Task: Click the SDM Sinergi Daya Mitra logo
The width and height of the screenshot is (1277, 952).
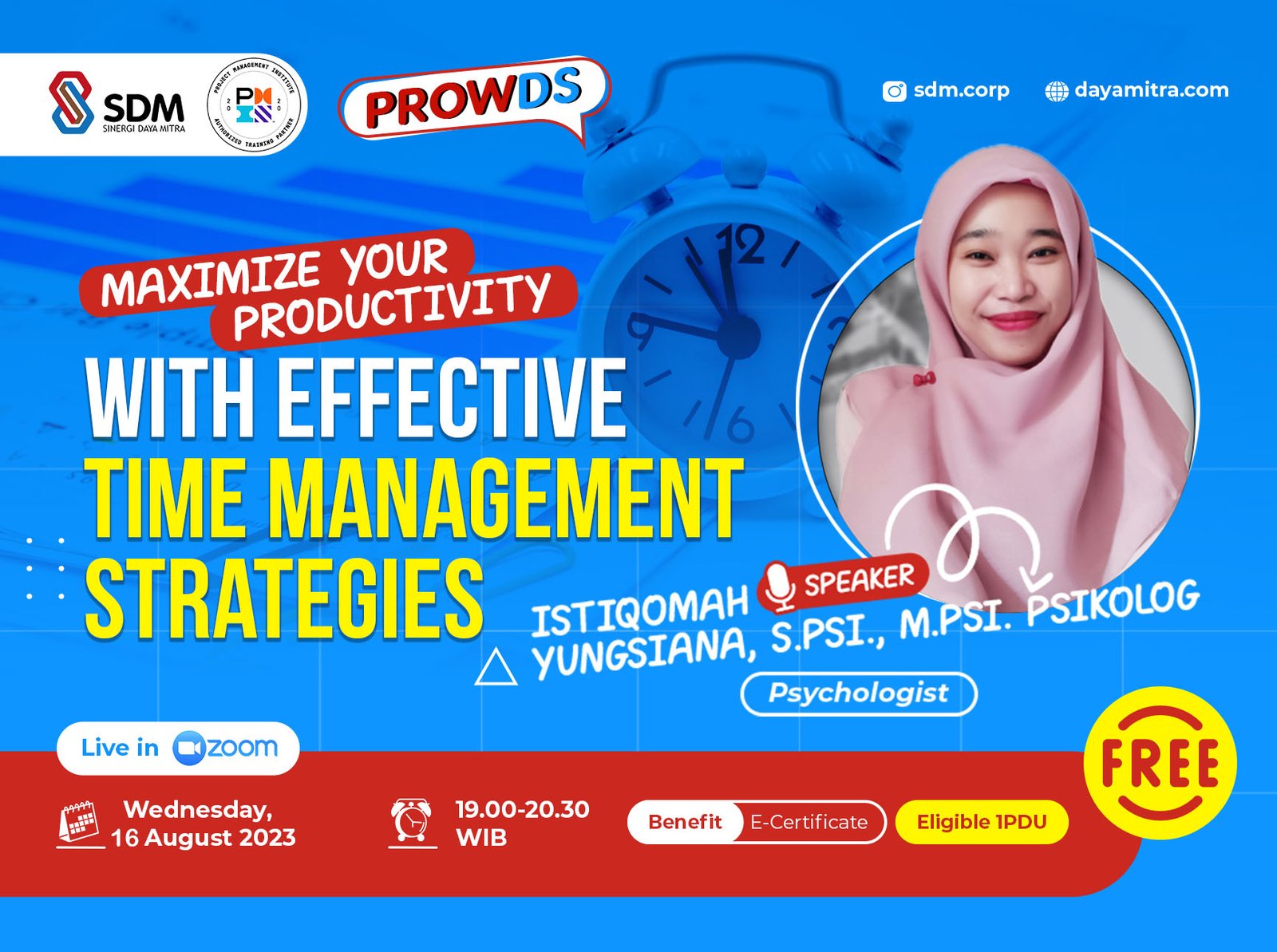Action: click(x=117, y=104)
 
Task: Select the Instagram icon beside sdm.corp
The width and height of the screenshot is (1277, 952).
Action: click(x=894, y=91)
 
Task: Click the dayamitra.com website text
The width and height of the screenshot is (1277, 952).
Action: click(x=1151, y=90)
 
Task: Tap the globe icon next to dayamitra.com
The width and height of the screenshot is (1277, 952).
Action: click(x=1056, y=91)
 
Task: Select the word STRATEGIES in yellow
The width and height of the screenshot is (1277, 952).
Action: click(x=284, y=599)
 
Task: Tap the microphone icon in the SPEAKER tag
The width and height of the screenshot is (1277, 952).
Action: click(x=779, y=587)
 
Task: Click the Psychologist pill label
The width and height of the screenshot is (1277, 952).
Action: click(x=858, y=693)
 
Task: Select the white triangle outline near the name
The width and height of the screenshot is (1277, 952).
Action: click(x=496, y=669)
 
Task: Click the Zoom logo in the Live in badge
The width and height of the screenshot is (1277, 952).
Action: click(x=225, y=748)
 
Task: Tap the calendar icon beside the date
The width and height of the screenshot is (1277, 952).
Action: click(x=79, y=824)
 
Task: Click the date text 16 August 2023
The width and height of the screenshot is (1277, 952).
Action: click(x=203, y=838)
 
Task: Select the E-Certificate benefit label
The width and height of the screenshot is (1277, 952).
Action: click(x=809, y=822)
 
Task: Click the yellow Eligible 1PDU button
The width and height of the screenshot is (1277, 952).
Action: click(x=981, y=822)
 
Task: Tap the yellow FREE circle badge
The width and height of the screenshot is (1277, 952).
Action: click(x=1159, y=763)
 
